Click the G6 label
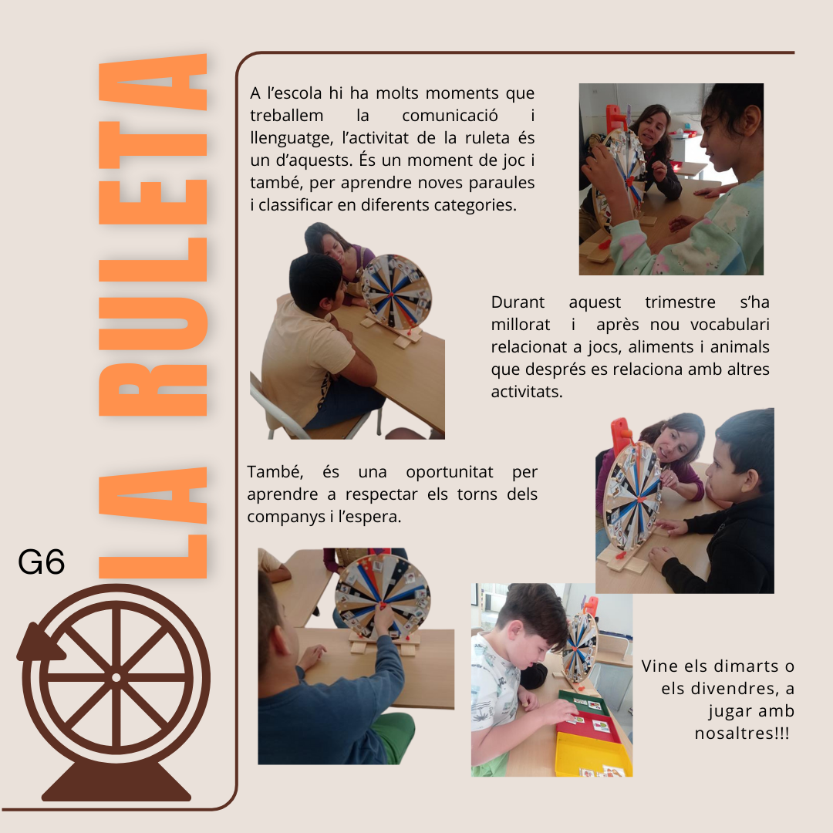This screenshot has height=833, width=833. tap(42, 562)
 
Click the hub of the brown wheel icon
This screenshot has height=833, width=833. tap(116, 677)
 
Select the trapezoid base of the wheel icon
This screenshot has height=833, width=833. tap(116, 781)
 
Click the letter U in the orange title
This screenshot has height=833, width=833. tap(153, 323)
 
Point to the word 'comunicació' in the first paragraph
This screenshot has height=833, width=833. tap(450, 115)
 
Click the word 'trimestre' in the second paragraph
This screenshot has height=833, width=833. tap(680, 302)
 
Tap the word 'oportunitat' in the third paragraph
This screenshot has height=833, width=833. tap(450, 472)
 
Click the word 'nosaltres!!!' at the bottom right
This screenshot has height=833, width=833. tap(742, 734)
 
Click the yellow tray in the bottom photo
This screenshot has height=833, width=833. tap(594, 754)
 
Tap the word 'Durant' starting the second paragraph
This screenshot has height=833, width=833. tap(518, 302)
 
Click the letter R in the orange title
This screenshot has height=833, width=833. tap(153, 390)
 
